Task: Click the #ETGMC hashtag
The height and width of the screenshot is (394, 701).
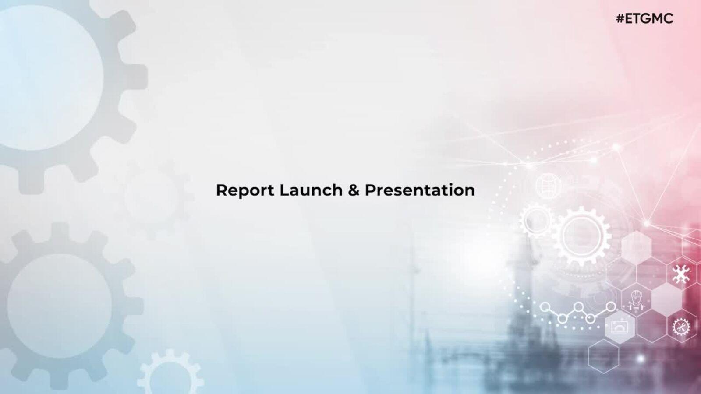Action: [644, 19]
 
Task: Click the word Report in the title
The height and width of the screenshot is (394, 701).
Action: [245, 191]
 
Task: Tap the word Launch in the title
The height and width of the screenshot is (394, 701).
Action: [311, 190]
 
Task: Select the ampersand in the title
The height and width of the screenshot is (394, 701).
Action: [353, 190]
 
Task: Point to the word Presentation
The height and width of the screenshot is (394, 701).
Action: [420, 191]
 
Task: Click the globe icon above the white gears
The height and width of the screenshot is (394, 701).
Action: [548, 186]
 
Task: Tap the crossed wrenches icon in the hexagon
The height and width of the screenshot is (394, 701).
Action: [681, 274]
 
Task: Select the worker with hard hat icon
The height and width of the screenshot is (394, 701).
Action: [636, 300]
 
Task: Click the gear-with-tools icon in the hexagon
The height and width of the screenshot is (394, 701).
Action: [681, 327]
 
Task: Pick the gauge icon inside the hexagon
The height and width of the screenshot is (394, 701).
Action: [620, 327]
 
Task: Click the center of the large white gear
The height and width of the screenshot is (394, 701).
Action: [582, 236]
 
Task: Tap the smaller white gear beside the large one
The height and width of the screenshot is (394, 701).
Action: [536, 220]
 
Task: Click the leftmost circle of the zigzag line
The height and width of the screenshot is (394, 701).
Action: [545, 307]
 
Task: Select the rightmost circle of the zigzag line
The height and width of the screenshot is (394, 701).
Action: [611, 307]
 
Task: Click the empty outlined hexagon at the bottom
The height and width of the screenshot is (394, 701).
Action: [603, 356]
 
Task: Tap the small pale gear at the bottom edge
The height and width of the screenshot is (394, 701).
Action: [170, 375]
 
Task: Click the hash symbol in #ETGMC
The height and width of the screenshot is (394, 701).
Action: [620, 19]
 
